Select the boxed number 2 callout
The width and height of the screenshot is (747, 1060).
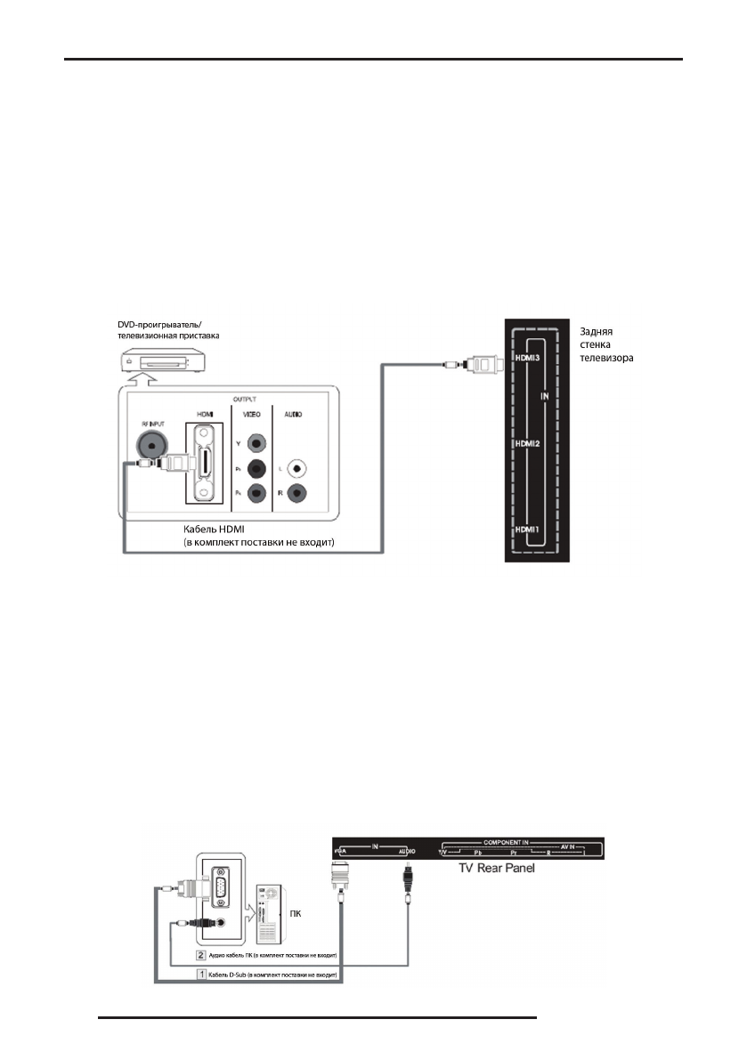pyautogui.click(x=202, y=954)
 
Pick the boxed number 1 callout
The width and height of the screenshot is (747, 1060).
pyautogui.click(x=202, y=975)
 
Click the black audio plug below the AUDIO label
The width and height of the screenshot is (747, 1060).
pyautogui.click(x=406, y=880)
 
